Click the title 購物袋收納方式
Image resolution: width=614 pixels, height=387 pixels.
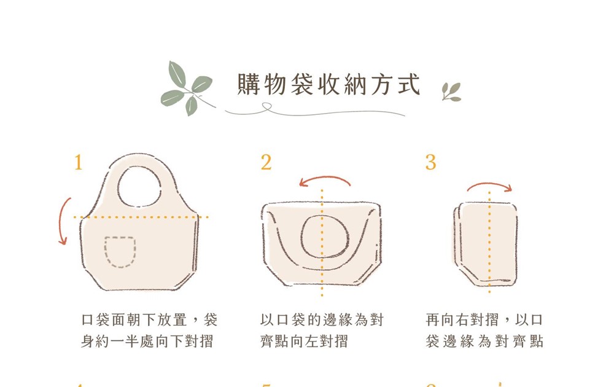tap(328, 84)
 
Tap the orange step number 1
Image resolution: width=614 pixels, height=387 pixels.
tap(79, 162)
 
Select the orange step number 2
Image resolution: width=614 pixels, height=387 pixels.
tap(266, 162)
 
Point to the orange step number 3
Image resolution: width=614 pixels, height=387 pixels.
tap(431, 162)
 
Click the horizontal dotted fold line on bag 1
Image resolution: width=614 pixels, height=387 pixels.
tap(141, 217)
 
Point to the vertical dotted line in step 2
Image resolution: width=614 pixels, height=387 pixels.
tap(322, 243)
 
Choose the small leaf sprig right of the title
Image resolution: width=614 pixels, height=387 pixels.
tap(451, 92)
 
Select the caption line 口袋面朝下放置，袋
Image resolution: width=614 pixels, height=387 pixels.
tap(149, 320)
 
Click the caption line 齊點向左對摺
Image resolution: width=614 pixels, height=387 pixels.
tap(304, 341)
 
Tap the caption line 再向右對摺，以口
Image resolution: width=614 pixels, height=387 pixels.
tap(484, 320)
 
